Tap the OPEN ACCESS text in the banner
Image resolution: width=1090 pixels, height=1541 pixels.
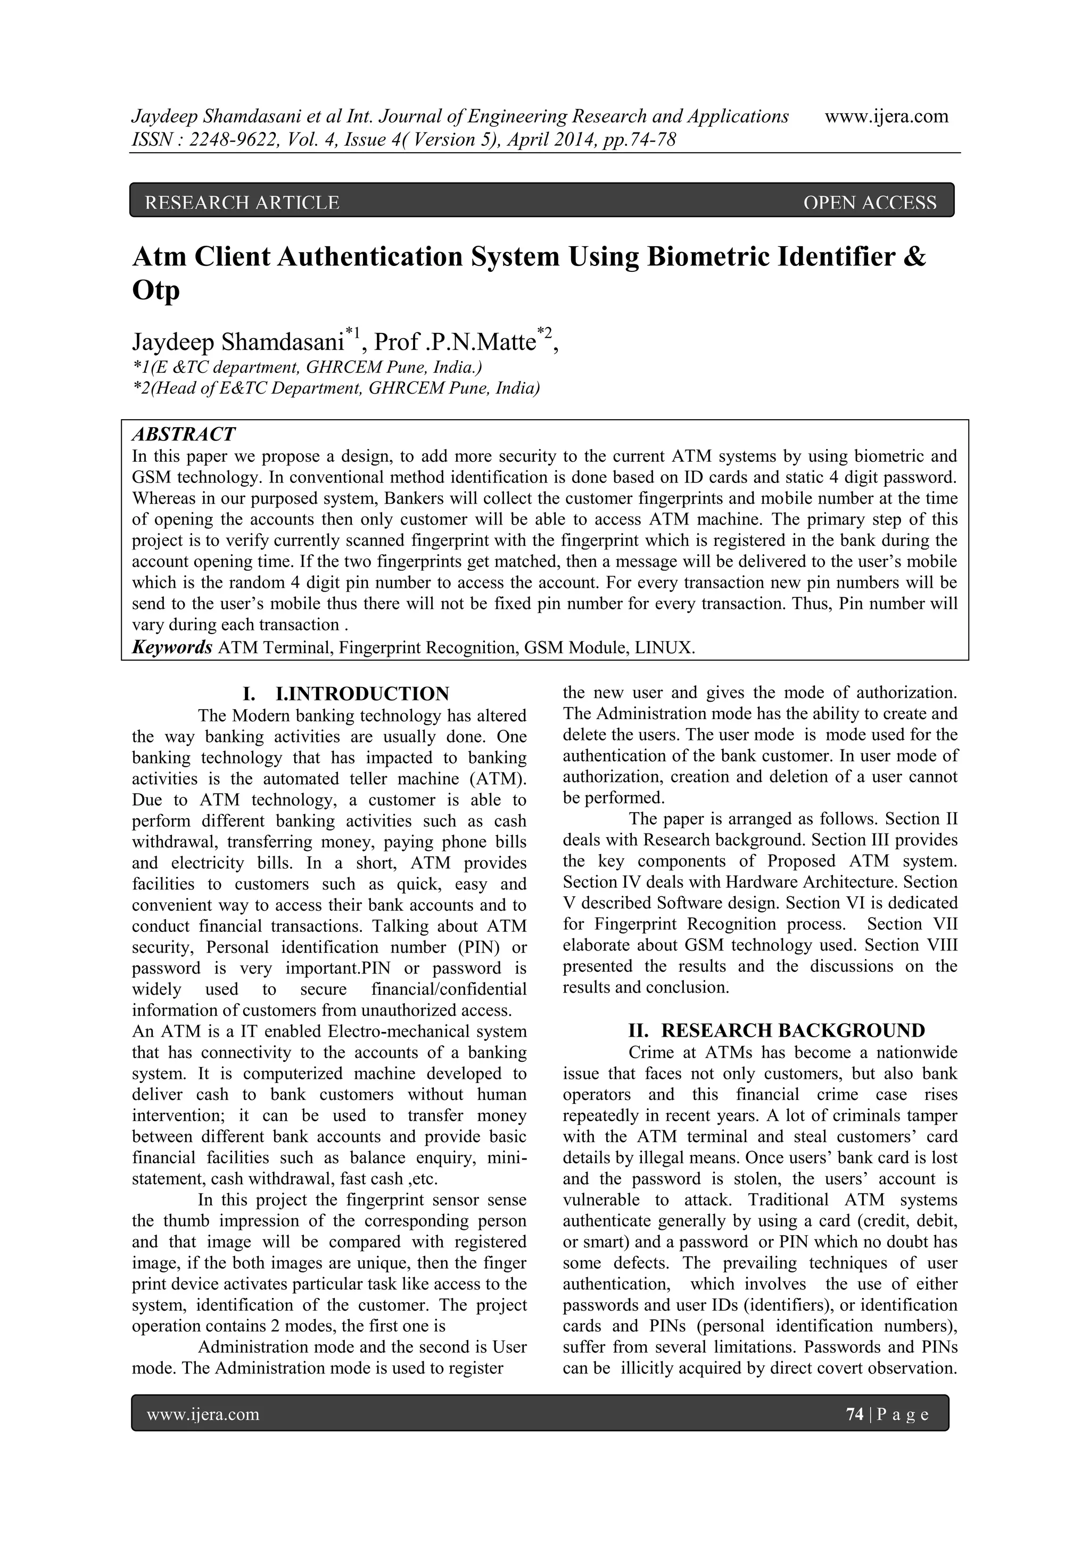[869, 202]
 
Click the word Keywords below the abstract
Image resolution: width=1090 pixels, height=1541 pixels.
[172, 648]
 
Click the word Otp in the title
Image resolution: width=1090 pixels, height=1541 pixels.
[156, 290]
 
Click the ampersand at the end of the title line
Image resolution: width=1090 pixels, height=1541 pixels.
[915, 257]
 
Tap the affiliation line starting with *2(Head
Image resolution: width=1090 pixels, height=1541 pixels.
[336, 388]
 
